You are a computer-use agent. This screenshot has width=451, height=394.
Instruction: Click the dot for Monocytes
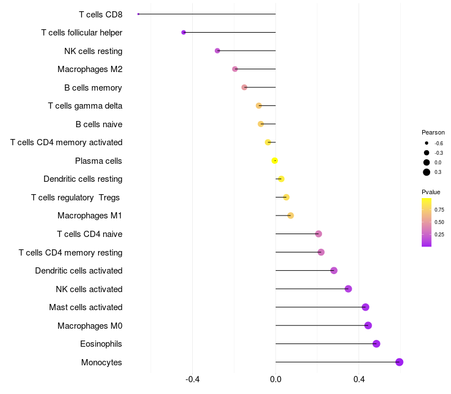click(399, 362)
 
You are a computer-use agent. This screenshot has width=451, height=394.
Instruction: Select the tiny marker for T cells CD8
click(138, 14)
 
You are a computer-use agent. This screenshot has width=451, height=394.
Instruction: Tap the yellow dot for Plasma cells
click(275, 160)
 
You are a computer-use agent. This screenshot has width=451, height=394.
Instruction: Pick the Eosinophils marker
click(376, 344)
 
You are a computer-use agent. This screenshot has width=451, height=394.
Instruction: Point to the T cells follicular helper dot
click(184, 33)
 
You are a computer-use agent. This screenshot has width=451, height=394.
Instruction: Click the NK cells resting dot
click(217, 51)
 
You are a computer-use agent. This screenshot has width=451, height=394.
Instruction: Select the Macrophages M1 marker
click(290, 216)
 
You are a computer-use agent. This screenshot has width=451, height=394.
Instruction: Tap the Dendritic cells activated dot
click(334, 271)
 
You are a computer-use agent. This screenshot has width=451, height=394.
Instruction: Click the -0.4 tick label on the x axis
click(192, 379)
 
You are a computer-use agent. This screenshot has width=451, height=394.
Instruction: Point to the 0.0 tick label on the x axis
click(276, 379)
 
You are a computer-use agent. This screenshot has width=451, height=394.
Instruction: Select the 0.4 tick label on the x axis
click(359, 379)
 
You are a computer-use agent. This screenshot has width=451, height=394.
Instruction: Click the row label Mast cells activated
click(86, 307)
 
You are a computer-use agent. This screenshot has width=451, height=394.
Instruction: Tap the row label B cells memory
click(93, 88)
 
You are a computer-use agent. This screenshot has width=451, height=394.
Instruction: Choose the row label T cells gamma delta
click(85, 106)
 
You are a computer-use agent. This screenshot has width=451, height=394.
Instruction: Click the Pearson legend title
click(433, 132)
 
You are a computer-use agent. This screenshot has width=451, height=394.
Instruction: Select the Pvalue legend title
click(431, 192)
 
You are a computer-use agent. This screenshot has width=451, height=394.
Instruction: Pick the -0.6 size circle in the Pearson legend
click(427, 143)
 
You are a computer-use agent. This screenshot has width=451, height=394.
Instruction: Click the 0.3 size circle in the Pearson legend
click(427, 172)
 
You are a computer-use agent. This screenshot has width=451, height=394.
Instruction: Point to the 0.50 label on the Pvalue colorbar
click(439, 222)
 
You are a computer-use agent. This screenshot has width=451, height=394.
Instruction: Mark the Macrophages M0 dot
click(368, 325)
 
